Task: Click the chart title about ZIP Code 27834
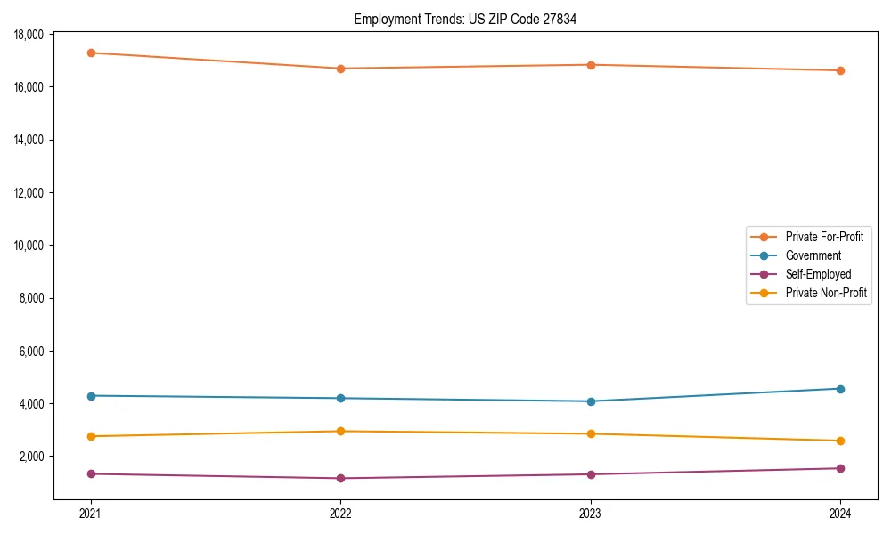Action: (465, 19)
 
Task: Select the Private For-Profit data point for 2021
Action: (91, 53)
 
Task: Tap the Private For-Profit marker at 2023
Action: (591, 65)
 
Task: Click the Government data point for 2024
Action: (840, 389)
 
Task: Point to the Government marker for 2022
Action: (340, 398)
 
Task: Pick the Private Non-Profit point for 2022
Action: (340, 432)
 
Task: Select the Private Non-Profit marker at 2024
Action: (840, 441)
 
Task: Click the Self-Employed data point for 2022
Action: (340, 479)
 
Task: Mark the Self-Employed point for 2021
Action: (91, 473)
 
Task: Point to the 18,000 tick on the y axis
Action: (31, 35)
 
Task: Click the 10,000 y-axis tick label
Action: (31, 246)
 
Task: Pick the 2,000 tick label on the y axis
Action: (34, 457)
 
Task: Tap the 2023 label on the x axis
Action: (591, 513)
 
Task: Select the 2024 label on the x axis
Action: (840, 513)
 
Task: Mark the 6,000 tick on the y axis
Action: (34, 352)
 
